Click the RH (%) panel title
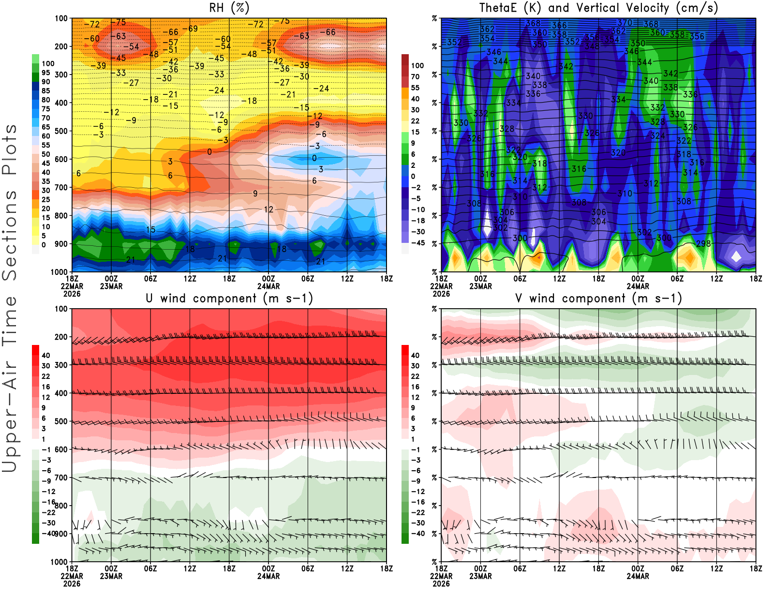(x=229, y=8)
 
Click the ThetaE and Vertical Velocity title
(x=598, y=8)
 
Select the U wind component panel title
(x=229, y=298)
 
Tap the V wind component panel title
(x=598, y=298)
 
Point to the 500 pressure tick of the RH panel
(x=61, y=131)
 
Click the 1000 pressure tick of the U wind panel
(x=59, y=562)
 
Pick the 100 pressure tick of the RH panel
(x=61, y=18)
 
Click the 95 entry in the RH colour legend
(x=45, y=73)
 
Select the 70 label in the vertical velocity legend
(x=415, y=76)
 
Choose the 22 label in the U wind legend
(x=45, y=376)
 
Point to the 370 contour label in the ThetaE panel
(x=625, y=23)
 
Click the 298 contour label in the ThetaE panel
(x=703, y=243)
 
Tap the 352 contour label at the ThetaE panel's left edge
(x=454, y=42)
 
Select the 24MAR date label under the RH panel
(x=268, y=286)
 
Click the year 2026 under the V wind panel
(x=441, y=583)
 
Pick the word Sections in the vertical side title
(x=10, y=235)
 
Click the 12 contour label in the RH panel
(x=268, y=209)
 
